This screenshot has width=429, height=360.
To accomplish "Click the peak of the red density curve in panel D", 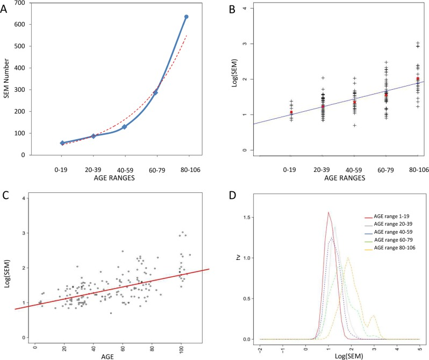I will coord(328,212).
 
